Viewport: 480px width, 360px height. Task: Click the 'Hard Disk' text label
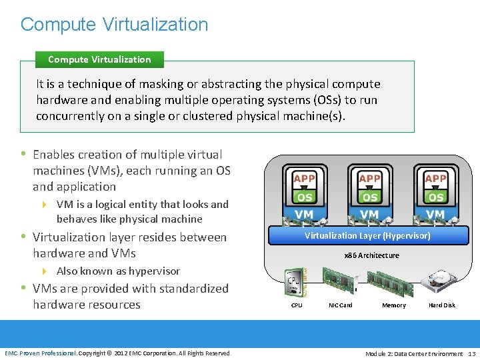(442, 305)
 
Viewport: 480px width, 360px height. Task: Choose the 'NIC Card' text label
(341, 305)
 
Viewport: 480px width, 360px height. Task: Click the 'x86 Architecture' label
(371, 255)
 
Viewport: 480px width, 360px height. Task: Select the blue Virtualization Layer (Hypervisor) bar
(367, 236)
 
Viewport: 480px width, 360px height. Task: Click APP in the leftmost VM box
(304, 178)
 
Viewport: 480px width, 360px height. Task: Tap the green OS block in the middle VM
(369, 197)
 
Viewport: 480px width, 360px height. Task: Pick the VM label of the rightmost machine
(435, 215)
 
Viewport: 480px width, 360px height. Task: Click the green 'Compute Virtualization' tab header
(99, 59)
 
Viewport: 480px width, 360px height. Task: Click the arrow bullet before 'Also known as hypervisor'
(45, 271)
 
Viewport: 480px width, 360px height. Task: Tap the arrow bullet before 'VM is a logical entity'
(45, 205)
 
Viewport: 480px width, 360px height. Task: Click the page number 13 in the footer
(472, 353)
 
